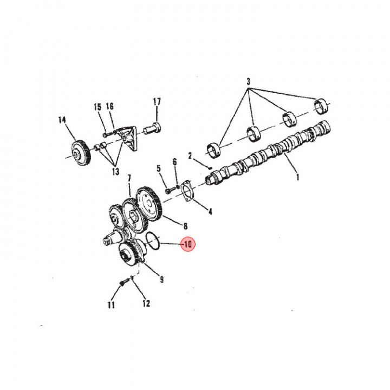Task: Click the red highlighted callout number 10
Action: pos(188,244)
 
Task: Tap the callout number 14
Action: pos(62,120)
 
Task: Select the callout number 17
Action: pos(157,101)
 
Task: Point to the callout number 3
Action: pos(248,82)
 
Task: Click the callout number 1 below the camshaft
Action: pos(297,177)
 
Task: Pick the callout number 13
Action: pos(116,171)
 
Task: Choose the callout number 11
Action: pos(111,304)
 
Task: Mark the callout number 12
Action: pos(146,303)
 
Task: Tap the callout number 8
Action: pos(185,226)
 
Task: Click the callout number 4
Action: pos(210,212)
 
